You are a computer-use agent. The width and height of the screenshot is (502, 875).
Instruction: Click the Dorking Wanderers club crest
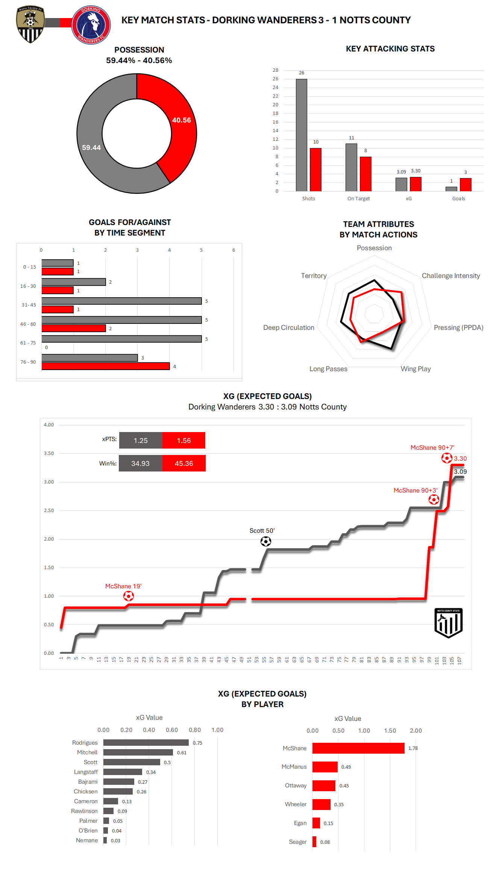pos(91,25)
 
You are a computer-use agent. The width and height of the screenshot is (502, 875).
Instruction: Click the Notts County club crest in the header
pos(30,24)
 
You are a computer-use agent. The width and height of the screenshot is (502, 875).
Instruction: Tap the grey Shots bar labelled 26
pos(301,135)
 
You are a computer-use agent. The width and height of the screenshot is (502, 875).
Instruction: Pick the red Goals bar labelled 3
pos(466,184)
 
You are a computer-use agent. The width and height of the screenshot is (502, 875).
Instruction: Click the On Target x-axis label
pos(358,199)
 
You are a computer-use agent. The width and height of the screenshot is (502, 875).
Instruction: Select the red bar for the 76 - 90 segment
pos(105,366)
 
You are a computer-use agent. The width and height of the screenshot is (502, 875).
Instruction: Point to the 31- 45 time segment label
pos(29,305)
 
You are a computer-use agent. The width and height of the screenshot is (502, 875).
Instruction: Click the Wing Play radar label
pos(416,369)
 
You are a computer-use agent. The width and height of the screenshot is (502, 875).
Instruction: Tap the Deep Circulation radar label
pos(288,328)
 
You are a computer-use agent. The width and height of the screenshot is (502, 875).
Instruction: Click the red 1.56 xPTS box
pos(184,440)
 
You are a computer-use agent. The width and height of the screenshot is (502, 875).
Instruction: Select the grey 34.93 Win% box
pos(140,463)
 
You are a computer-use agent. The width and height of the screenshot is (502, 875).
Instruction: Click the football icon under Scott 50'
pos(266,541)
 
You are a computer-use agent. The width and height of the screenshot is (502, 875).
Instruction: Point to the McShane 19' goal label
pos(123,586)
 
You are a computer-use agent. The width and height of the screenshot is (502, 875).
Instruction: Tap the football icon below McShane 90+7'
pos(446,458)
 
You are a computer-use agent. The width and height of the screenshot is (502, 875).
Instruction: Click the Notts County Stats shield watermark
pos(448,623)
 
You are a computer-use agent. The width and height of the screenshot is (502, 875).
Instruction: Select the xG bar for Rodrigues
pos(146,743)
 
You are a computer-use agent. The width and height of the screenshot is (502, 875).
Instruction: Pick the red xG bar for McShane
pos(358,748)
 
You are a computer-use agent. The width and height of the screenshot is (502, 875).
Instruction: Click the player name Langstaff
pos(86,772)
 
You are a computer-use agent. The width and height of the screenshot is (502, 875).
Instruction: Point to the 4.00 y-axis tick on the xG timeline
pos(49,425)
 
